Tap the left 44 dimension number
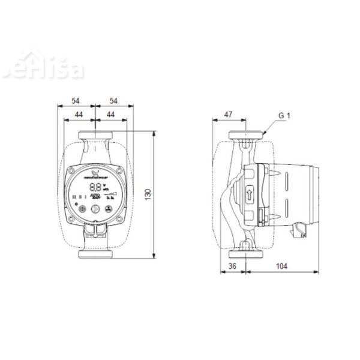(79, 114)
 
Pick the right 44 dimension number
(110, 114)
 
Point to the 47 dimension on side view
(229, 114)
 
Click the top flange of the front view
(94, 134)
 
